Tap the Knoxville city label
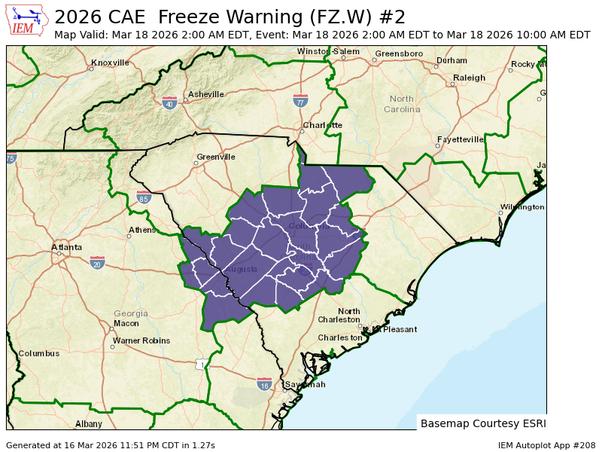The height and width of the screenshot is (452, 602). click(110, 63)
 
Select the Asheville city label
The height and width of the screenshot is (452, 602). click(205, 94)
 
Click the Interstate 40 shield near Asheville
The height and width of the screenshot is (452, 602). click(169, 102)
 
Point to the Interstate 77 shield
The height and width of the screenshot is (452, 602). click(300, 100)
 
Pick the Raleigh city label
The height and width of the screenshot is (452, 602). click(469, 78)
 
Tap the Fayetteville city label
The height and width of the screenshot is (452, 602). click(461, 139)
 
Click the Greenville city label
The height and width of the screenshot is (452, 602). click(216, 157)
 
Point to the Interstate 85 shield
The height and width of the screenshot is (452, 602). click(144, 199)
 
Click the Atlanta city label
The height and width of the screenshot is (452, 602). click(66, 247)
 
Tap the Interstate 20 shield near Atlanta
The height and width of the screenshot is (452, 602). click(97, 262)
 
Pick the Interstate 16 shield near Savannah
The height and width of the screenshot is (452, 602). click(263, 384)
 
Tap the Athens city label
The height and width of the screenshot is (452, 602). click(141, 230)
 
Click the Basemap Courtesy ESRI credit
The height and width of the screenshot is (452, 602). click(483, 423)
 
